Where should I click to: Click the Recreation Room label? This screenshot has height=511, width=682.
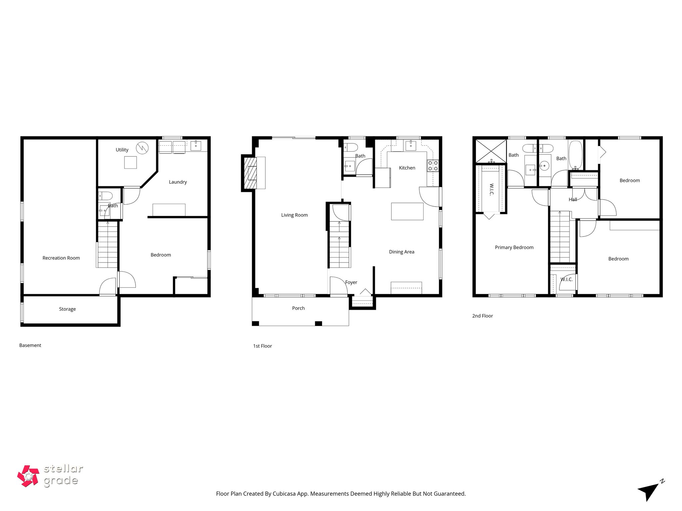(61, 258)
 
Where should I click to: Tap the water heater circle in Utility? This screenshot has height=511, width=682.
(142, 147)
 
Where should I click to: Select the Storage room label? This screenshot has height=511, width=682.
(67, 309)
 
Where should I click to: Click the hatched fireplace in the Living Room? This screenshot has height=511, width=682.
(250, 173)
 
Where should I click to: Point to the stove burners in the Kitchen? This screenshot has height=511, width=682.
(433, 166)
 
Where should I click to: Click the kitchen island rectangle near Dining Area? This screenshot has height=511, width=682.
(407, 211)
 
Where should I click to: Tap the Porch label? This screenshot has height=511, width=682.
(298, 308)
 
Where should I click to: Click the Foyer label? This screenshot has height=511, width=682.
(351, 282)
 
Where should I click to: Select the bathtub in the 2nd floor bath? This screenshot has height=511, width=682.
(575, 154)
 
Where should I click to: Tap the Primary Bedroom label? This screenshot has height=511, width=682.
(514, 247)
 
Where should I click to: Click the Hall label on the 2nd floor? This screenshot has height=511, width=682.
(573, 199)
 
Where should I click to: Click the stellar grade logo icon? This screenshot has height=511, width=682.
(28, 476)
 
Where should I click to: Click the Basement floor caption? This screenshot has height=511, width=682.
(30, 345)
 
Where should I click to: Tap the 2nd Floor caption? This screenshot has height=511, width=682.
(482, 316)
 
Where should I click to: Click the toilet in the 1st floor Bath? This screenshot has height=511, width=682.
(351, 147)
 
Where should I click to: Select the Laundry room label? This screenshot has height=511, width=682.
(177, 182)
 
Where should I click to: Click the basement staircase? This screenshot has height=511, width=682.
(107, 245)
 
